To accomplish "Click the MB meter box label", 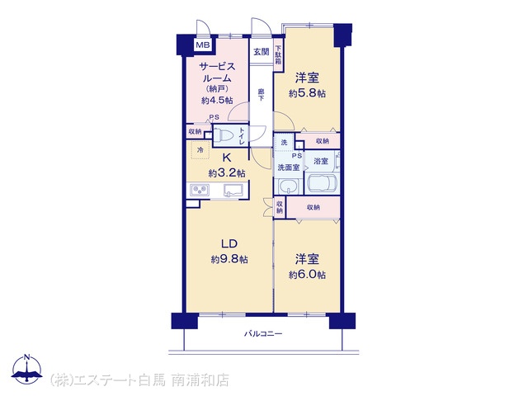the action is (x=203, y=45).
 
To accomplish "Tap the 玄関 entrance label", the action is (x=261, y=52).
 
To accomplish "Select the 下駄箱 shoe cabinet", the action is (x=278, y=54).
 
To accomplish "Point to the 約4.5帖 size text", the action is (x=217, y=100).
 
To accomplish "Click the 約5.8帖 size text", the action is (x=307, y=93).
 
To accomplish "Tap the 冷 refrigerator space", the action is (x=200, y=150).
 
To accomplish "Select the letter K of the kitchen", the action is (x=226, y=158).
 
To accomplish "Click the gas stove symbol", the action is (x=200, y=190).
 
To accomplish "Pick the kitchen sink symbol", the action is (x=233, y=190).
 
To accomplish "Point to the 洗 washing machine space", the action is (x=284, y=143).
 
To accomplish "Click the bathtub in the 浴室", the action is (x=322, y=183).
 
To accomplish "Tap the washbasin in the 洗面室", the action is (x=289, y=186).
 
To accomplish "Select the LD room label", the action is (x=229, y=244).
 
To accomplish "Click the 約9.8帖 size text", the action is (x=229, y=259).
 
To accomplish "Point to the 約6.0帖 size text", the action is (x=307, y=275).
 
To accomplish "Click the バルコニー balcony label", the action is (x=263, y=334).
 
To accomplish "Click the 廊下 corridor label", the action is (x=261, y=95).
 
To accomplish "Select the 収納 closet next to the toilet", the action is (x=195, y=132).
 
